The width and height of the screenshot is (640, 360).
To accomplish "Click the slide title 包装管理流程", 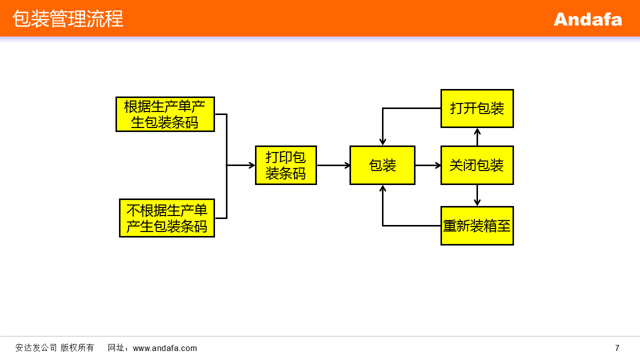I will pos(68,19).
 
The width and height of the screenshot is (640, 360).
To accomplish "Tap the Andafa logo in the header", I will pos(587,19).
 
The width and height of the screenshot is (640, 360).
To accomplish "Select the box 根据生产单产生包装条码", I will pos(165,114).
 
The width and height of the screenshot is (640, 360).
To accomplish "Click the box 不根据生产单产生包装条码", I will pos(166,218).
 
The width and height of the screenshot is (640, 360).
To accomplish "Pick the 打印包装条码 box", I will pos(285,165).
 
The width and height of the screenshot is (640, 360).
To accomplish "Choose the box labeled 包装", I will pos(382,165).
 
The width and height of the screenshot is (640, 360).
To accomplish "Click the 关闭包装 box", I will pos(477,165).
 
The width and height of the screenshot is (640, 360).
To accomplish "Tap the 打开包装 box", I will pos(477,108).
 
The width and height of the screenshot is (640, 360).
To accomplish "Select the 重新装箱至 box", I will pos(477,226).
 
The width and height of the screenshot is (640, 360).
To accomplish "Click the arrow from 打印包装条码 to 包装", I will pos(333,165).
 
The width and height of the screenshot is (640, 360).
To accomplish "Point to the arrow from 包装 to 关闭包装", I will pos(427,165).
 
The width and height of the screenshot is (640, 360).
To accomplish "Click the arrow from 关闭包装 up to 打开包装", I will pos(477,137).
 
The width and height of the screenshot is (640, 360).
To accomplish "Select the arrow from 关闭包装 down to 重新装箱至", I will pos(477,195).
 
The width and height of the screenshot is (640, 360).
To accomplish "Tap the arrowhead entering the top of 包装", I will pos(382,142).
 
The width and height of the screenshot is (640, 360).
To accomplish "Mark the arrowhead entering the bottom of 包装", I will pos(382,188).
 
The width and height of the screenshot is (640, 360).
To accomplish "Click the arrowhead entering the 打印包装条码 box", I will pos(251,165).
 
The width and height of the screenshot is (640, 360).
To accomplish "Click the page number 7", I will pos(617,348).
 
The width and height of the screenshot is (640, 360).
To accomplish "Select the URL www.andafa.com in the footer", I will pos(165,348).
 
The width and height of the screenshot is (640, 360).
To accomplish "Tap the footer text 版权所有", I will pos(77,348).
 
